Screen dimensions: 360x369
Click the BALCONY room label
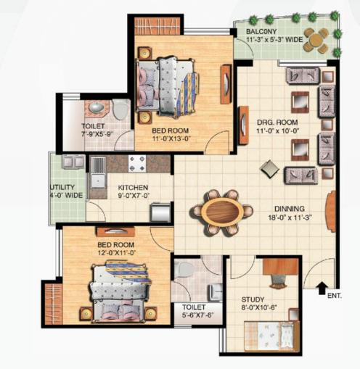pyautogui.click(x=261, y=31)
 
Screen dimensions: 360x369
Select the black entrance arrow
pyautogui.click(x=322, y=288)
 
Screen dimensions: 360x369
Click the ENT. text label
pyautogui.click(x=335, y=295)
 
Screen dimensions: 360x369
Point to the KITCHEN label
pyautogui.click(x=133, y=188)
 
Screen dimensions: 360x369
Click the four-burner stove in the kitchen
pyautogui.click(x=137, y=163)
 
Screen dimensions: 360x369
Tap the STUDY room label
pyautogui.click(x=253, y=299)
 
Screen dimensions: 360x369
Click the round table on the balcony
pyautogui.click(x=316, y=40)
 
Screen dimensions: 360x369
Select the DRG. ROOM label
pyautogui.click(x=277, y=123)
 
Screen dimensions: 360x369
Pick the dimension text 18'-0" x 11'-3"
pyautogui.click(x=290, y=217)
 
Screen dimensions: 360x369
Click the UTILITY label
pyautogui.click(x=62, y=187)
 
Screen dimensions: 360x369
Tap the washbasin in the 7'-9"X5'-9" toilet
pyautogui.click(x=97, y=107)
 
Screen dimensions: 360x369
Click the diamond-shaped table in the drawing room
pyautogui.click(x=269, y=169)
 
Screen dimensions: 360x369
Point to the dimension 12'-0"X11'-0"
pyautogui.click(x=116, y=253)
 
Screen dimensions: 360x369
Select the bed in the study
pyautogui.click(x=271, y=336)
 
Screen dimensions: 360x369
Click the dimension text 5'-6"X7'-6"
pyautogui.click(x=198, y=315)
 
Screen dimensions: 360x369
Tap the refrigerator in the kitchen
pyautogui.click(x=160, y=212)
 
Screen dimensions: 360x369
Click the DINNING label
pyautogui.click(x=290, y=209)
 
